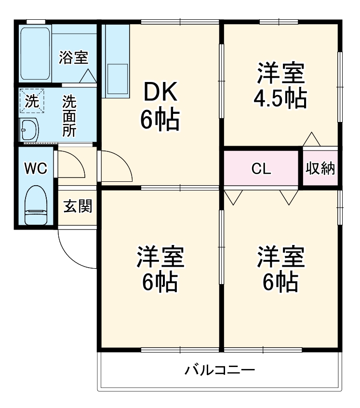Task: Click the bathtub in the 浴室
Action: coord(35,54)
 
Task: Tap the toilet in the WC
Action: coord(36,205)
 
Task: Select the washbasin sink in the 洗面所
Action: coord(29,130)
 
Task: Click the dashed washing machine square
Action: coord(32,101)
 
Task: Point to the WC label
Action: coord(36,168)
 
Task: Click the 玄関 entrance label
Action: coord(78,206)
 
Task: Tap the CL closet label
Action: coord(261,169)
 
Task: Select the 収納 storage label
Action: coord(320,168)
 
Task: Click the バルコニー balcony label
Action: coord(220,370)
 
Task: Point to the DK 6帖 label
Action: coord(160,106)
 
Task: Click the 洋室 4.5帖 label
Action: coord(280,85)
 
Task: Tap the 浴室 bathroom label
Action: coord(74,57)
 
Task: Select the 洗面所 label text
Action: coord(69,116)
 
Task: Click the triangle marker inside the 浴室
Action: coord(88,76)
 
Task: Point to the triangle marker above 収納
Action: coord(311,139)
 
